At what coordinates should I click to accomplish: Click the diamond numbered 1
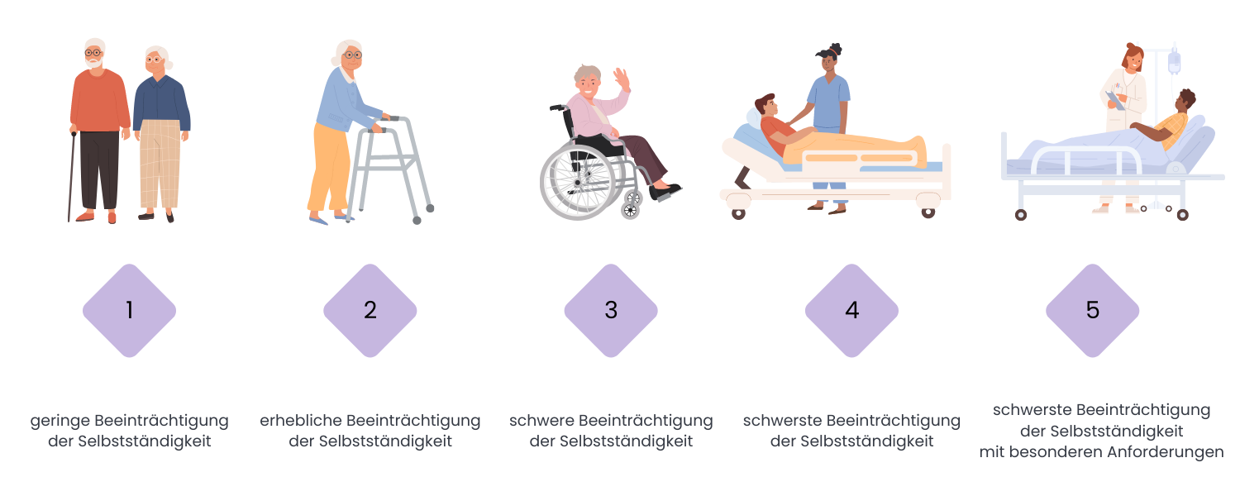pyautogui.click(x=130, y=311)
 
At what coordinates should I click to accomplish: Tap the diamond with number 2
pyautogui.click(x=370, y=311)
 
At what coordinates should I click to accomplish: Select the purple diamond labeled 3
pyautogui.click(x=611, y=311)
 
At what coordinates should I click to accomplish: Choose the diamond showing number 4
pyautogui.click(x=852, y=311)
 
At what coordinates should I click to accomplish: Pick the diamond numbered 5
pyautogui.click(x=1093, y=311)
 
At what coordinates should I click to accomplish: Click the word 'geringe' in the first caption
pyautogui.click(x=60, y=422)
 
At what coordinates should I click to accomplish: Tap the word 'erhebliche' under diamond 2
pyautogui.click(x=299, y=421)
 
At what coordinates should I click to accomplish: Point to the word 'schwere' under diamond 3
pyautogui.click(x=541, y=421)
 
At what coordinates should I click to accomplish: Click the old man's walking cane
pyautogui.click(x=71, y=177)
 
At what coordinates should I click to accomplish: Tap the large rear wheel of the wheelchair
pyautogui.click(x=578, y=182)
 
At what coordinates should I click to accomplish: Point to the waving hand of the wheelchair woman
pyautogui.click(x=622, y=79)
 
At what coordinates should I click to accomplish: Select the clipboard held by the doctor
pyautogui.click(x=1115, y=100)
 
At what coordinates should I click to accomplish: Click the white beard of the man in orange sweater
pyautogui.click(x=94, y=63)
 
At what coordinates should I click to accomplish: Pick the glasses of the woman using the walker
pyautogui.click(x=352, y=55)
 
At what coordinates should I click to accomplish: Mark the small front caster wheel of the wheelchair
pyautogui.click(x=630, y=210)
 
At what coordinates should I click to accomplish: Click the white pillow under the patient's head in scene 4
pyautogui.click(x=754, y=118)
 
